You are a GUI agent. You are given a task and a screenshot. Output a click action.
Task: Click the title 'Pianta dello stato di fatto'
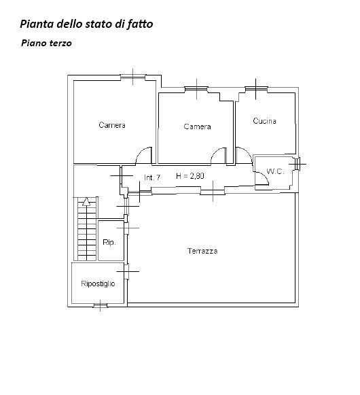click(86, 24)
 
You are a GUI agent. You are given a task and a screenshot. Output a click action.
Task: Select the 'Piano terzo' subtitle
click(46, 43)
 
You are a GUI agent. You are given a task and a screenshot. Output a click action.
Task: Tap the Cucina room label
click(264, 121)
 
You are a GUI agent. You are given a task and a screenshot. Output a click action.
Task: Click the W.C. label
click(275, 171)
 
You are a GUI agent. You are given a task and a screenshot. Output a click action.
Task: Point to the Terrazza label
click(202, 251)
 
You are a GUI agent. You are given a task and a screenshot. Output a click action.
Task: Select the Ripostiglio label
click(98, 284)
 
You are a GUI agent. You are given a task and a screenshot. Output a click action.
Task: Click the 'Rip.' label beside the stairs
click(109, 242)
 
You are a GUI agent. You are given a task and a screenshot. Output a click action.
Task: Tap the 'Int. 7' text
click(152, 177)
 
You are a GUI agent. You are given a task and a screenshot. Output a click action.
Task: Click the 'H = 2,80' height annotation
click(190, 176)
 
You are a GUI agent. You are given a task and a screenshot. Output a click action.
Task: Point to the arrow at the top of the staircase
click(86, 201)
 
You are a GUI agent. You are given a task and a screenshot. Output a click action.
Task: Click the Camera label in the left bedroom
click(112, 125)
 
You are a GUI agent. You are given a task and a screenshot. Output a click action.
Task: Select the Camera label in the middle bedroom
click(197, 126)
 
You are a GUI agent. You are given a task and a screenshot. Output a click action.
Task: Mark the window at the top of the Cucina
click(256, 88)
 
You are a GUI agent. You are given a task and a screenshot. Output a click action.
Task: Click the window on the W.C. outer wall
click(298, 164)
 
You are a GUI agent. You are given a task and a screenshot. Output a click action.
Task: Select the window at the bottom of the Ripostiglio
click(101, 305)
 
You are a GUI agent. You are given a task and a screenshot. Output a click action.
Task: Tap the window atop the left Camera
click(133, 77)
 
